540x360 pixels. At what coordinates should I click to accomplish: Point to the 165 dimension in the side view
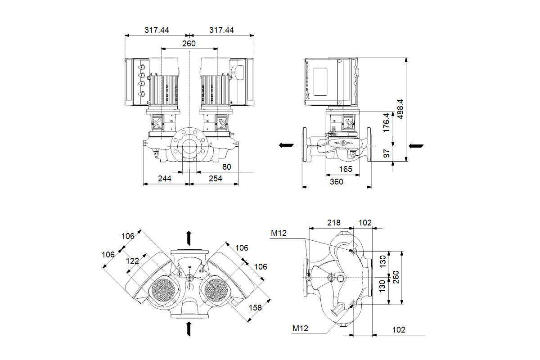point(345,169)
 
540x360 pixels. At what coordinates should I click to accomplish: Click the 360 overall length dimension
point(336,181)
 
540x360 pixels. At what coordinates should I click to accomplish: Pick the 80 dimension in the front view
point(226,166)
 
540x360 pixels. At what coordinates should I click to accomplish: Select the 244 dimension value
point(164,178)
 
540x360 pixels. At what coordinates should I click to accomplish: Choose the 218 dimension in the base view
point(333,222)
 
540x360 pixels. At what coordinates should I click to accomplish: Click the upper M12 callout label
point(279,232)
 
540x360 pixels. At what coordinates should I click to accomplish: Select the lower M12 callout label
point(300,329)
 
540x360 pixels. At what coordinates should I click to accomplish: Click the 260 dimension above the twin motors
point(189,43)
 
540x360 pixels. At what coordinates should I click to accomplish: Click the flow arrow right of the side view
point(416,145)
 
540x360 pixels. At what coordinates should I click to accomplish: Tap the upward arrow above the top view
point(189,237)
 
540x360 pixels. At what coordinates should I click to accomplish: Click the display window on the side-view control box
point(322,81)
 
